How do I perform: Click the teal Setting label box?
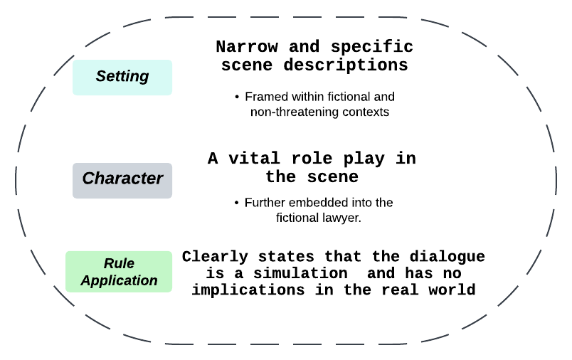(122, 77)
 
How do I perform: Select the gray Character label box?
(122, 179)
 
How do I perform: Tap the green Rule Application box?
(119, 271)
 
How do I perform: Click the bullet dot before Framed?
(236, 97)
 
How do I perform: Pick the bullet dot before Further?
(236, 203)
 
